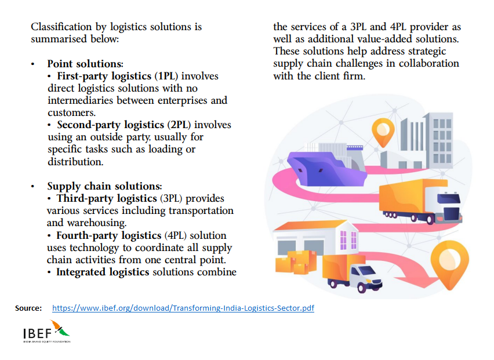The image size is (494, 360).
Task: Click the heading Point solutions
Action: [x=85, y=64]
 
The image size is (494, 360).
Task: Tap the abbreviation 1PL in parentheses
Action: [x=168, y=76]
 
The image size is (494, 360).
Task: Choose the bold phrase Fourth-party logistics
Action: [x=108, y=235]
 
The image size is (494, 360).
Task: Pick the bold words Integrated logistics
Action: [x=102, y=272]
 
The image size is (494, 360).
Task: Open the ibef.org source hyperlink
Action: [x=183, y=308]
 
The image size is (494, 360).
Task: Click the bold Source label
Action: [x=28, y=308]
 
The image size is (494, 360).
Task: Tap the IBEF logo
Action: [x=46, y=332]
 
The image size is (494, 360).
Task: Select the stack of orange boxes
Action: [x=292, y=261]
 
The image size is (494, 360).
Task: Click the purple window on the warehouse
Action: [x=348, y=239]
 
